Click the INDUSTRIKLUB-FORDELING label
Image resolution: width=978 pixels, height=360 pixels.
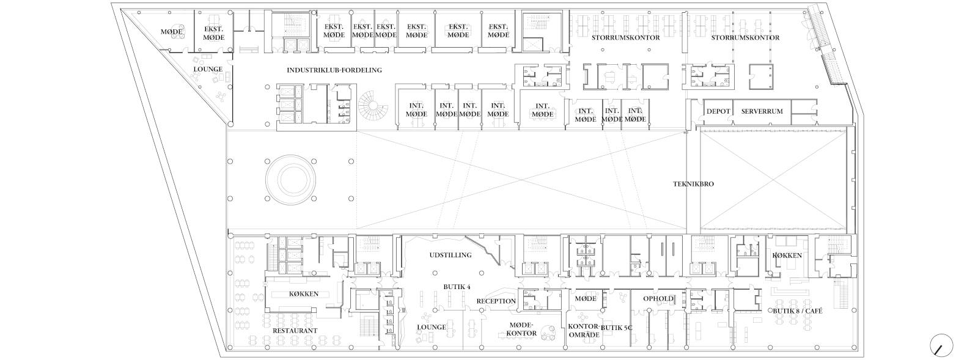(334, 70)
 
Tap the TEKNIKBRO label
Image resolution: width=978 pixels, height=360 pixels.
(693, 184)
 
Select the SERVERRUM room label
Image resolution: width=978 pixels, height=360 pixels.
(762, 111)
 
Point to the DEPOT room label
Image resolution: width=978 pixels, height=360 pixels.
(718, 111)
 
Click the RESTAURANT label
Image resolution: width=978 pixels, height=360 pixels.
(295, 331)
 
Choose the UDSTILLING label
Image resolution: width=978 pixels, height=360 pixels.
(450, 255)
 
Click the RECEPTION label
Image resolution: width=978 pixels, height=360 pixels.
(496, 301)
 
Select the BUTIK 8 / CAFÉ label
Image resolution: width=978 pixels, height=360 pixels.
(798, 311)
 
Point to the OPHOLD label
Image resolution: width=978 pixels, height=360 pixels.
(658, 299)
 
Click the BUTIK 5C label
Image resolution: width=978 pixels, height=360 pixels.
(617, 327)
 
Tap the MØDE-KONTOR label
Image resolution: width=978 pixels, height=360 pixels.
(521, 329)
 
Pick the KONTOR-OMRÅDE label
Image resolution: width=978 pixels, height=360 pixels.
(583, 330)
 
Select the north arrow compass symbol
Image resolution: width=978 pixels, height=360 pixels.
(941, 345)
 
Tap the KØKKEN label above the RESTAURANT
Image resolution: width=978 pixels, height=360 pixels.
(303, 294)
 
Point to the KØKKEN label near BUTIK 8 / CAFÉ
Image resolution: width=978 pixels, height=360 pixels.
(787, 255)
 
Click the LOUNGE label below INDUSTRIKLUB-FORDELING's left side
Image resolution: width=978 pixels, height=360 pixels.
(208, 69)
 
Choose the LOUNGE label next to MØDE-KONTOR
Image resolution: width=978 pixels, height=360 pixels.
(432, 327)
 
